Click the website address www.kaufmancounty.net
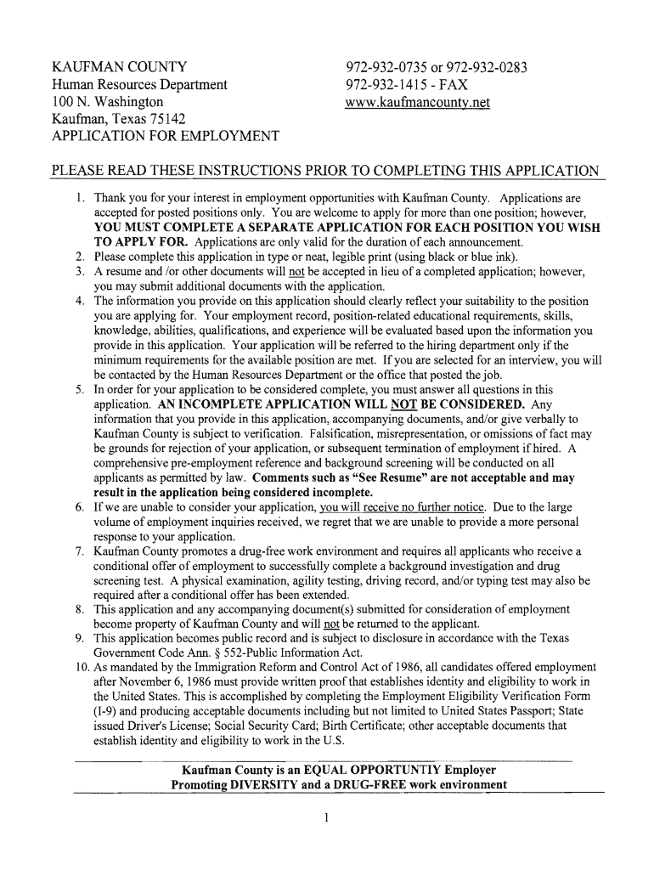click(418, 103)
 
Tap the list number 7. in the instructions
click(78, 551)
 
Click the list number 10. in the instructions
click(75, 667)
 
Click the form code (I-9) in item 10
click(108, 710)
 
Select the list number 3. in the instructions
click(78, 271)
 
